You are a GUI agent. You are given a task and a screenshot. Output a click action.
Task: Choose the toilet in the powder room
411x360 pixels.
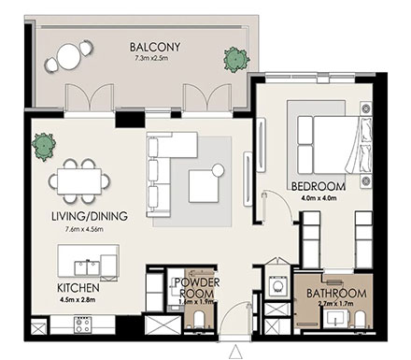tap(197, 323)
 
